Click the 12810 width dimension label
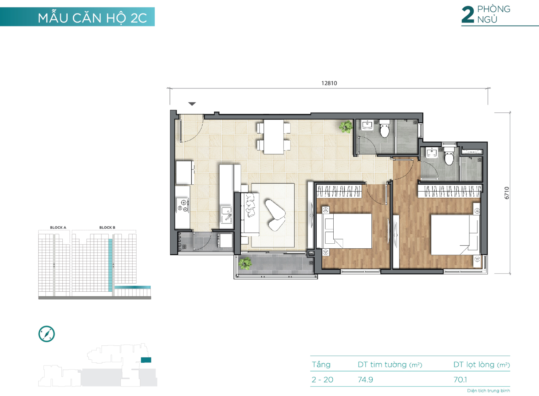coord(329,83)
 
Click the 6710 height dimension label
coord(507,193)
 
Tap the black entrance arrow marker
coord(192,104)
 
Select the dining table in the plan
coord(274,137)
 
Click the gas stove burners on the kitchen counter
coord(183,206)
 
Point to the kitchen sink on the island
coord(227,214)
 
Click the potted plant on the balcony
coord(245,263)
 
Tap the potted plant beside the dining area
coord(346,126)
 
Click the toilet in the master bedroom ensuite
coord(449,156)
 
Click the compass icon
coord(47,334)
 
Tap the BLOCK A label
coord(58,228)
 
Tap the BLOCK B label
coord(107,228)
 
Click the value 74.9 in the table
coord(365,380)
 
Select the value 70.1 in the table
coord(460,380)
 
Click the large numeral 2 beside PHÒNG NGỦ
coord(468,15)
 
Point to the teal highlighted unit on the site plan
coord(146,360)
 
